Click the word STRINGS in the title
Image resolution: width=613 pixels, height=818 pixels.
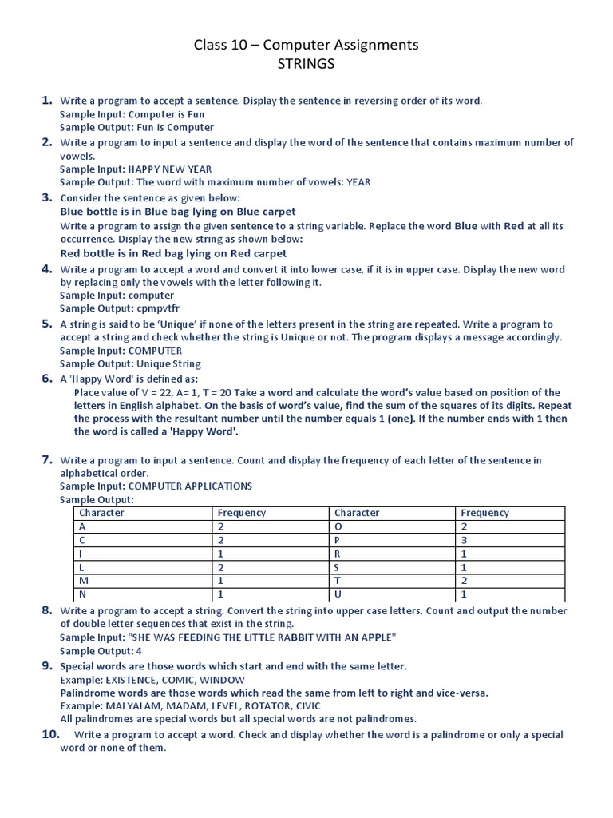[306, 64]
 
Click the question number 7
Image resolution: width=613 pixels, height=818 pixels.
[47, 459]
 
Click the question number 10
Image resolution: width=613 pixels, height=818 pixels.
[51, 734]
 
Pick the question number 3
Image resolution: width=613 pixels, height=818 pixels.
[47, 197]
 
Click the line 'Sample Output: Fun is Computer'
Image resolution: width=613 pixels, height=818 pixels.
[137, 127]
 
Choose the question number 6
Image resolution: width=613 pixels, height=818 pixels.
[47, 378]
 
